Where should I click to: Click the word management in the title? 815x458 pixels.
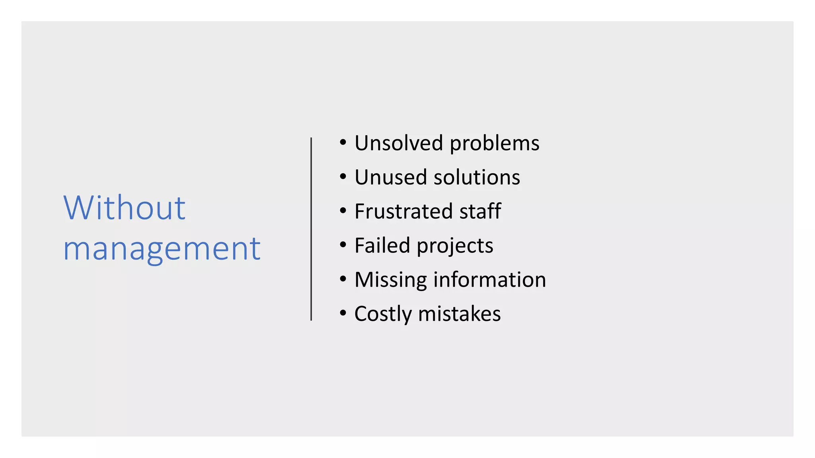[162, 249]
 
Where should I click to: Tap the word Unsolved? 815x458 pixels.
[398, 143]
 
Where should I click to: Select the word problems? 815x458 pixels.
[494, 144]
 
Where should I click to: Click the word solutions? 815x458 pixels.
[477, 177]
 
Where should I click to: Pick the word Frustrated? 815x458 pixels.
[403, 211]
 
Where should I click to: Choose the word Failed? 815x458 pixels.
[382, 245]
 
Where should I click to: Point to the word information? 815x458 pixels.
[489, 279]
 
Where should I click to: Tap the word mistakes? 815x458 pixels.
[459, 314]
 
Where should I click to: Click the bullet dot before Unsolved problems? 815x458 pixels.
[343, 142]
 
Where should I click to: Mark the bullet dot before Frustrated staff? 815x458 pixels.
[343, 211]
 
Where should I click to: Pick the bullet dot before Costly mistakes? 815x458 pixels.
[343, 313]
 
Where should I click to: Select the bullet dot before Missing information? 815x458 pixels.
[343, 279]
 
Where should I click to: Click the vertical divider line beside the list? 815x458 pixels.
[311, 229]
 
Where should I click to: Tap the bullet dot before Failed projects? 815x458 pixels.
[343, 245]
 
